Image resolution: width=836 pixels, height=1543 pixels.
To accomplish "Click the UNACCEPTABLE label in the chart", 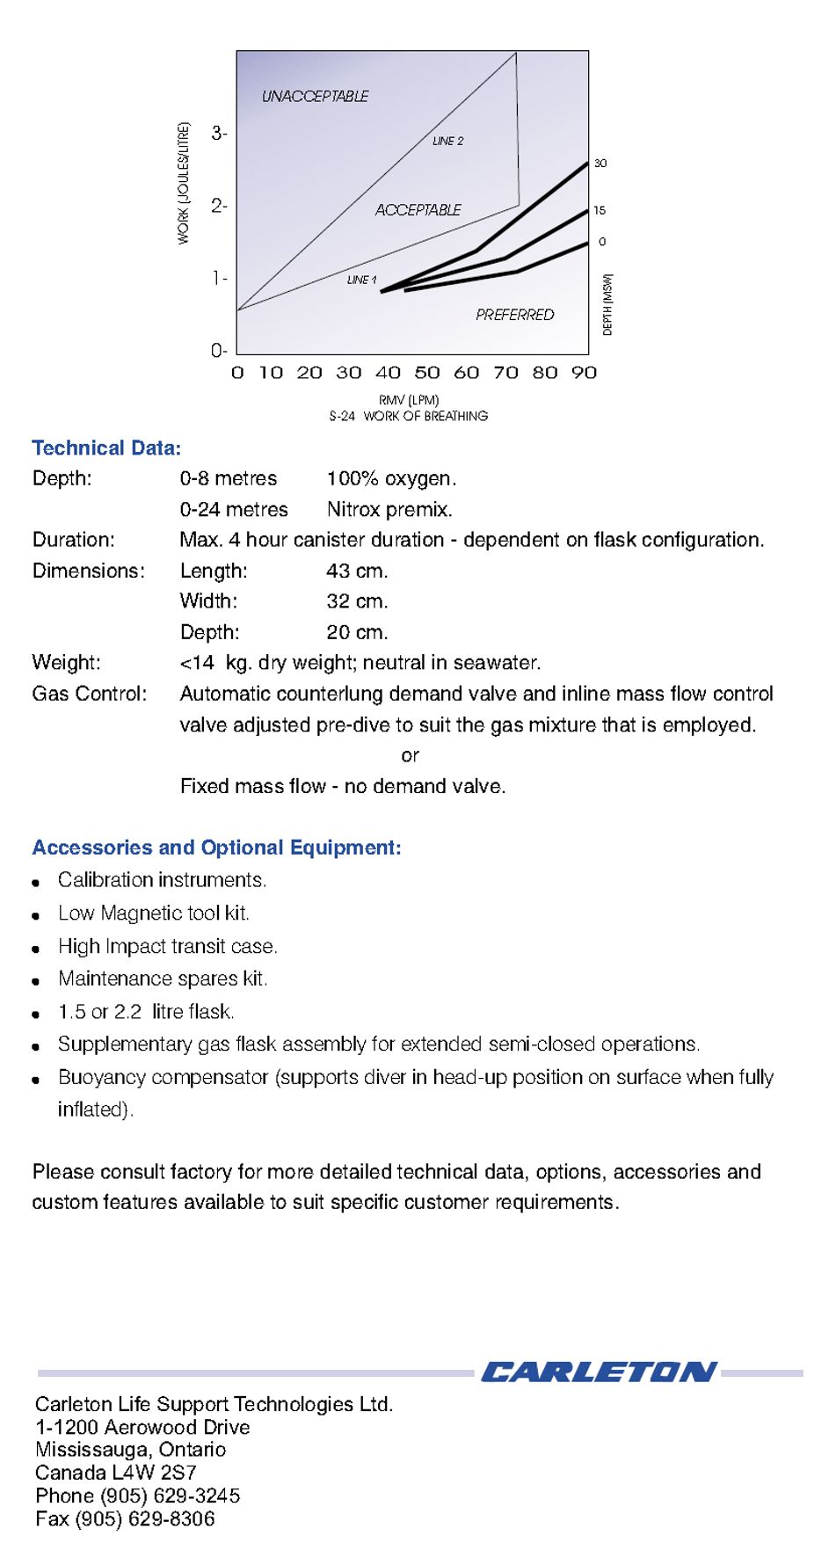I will click(315, 96).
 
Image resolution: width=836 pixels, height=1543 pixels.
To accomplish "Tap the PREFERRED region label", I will click(514, 315).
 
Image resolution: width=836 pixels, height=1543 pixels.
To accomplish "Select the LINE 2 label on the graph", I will click(447, 141).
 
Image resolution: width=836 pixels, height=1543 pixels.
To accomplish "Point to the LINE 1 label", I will click(361, 280).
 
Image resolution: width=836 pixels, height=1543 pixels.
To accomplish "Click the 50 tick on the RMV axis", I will click(427, 373).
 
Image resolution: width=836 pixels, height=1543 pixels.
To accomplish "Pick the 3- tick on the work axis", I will click(219, 134).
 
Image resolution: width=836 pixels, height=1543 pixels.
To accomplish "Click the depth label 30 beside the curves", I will click(600, 164).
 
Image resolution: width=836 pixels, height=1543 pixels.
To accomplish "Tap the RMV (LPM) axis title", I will click(409, 399).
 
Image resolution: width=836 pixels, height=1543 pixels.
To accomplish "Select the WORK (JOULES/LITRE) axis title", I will click(184, 183).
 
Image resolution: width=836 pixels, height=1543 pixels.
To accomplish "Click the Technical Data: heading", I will click(106, 448).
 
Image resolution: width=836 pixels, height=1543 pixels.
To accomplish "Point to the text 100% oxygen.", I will click(391, 479).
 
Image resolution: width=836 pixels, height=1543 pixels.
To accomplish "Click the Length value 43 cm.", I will click(357, 571).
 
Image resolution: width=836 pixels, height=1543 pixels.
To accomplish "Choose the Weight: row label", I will click(66, 663).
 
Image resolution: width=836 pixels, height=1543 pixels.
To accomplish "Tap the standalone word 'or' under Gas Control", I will click(410, 756).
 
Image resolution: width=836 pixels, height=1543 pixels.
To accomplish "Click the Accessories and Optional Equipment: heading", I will click(216, 848).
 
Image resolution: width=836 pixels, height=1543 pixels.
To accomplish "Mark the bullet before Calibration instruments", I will click(36, 883).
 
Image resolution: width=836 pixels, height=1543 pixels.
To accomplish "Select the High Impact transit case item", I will click(167, 947).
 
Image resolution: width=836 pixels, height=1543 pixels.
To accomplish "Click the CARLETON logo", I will click(598, 1372).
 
